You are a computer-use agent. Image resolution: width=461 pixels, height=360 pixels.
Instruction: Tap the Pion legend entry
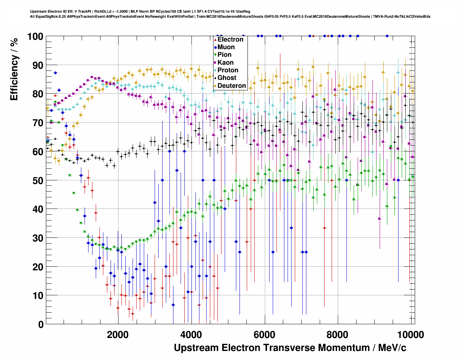pyautogui.click(x=224, y=55)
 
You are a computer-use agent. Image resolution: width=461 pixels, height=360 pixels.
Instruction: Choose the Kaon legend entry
pyautogui.click(x=225, y=63)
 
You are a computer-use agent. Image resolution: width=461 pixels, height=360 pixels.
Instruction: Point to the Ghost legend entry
pyautogui.click(x=227, y=78)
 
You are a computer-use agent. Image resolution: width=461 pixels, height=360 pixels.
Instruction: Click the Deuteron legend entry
pyautogui.click(x=232, y=86)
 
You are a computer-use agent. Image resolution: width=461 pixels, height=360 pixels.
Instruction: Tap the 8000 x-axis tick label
pyautogui.click(x=338, y=334)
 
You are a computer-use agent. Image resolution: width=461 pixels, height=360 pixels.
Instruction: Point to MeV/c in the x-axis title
pyautogui.click(x=392, y=348)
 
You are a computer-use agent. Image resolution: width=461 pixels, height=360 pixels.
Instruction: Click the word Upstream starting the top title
pyautogui.click(x=37, y=12)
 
